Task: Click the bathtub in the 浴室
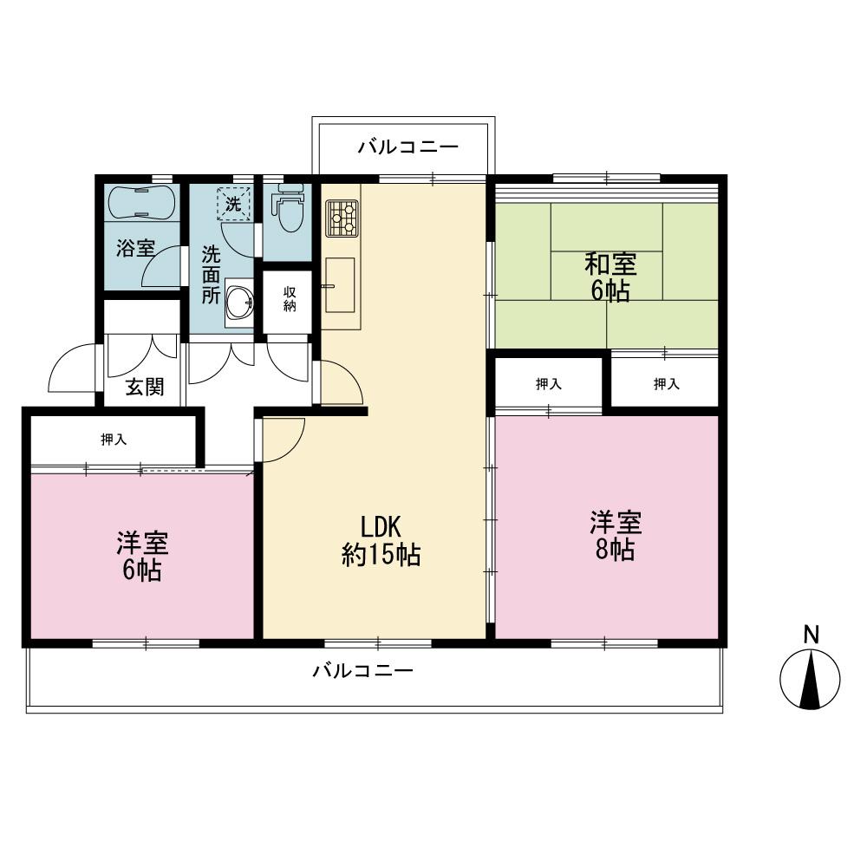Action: pos(142,202)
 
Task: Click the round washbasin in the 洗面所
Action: pos(240,303)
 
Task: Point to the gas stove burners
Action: pos(342,218)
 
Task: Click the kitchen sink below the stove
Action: pos(340,285)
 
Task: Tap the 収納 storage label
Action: pos(290,298)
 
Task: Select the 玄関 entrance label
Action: pos(145,387)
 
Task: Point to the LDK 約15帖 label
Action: pos(381,541)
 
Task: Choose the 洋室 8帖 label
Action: pos(616,536)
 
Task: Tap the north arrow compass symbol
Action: pos(810,679)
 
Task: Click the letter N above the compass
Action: pos(812,635)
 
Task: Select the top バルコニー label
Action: pos(408,147)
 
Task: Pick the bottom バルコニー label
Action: pos(362,671)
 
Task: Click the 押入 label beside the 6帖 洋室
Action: pos(114,440)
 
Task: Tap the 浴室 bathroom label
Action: pos(135,248)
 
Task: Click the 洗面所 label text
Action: pos(212,275)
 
